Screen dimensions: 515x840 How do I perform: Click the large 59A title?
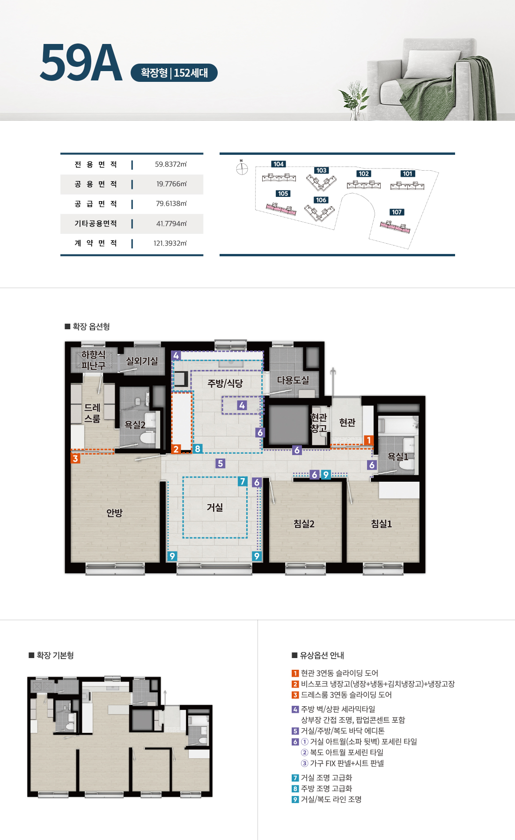(x=81, y=63)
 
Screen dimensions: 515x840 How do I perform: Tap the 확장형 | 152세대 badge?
(x=174, y=73)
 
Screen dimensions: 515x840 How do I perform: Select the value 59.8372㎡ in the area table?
(x=171, y=164)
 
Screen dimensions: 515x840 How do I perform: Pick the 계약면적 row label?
(x=96, y=243)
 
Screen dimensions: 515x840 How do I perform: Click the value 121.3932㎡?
(x=170, y=243)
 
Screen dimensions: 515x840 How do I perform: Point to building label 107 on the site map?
(x=397, y=212)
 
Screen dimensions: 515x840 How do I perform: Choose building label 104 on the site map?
(x=279, y=164)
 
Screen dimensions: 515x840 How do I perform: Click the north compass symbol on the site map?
(x=242, y=168)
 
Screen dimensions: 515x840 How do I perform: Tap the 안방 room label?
(x=114, y=513)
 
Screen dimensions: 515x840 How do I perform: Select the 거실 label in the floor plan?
(x=215, y=507)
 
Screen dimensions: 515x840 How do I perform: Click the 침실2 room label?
(x=304, y=524)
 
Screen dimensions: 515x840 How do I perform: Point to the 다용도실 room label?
(x=293, y=380)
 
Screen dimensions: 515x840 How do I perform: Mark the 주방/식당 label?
(x=225, y=384)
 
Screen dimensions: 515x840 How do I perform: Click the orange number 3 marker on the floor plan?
(x=75, y=458)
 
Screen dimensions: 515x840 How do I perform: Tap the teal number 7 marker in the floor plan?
(x=243, y=481)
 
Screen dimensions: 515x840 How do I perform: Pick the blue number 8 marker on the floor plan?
(x=198, y=449)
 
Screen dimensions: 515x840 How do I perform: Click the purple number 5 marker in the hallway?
(x=221, y=463)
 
